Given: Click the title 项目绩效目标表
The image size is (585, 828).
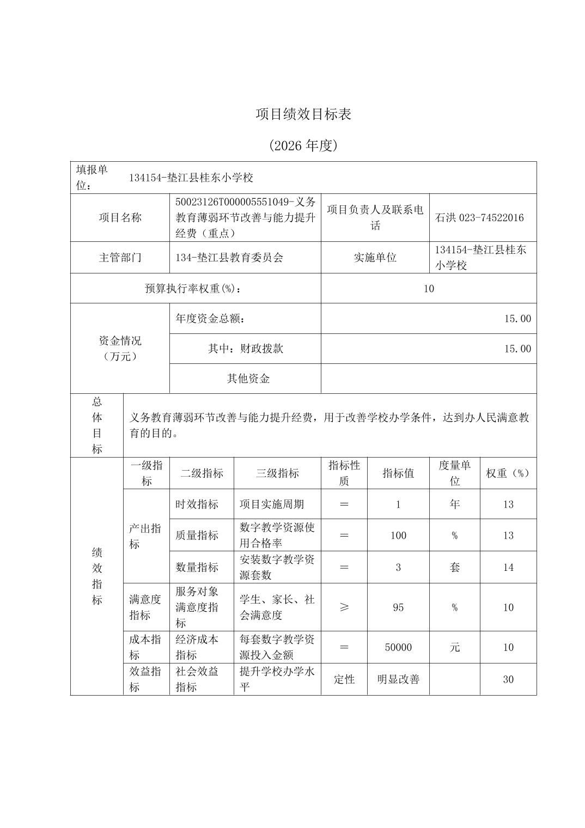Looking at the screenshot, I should [304, 114].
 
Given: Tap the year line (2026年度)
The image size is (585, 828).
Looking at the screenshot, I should [304, 145].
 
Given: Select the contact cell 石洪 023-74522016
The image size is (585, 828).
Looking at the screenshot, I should [479, 218].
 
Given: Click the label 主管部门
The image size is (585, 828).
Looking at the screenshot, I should [120, 258].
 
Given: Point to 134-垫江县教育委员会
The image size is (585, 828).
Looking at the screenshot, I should [229, 258].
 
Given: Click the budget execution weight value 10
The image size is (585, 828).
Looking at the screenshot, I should [429, 289].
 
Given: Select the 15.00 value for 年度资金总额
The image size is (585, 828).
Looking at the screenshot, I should [517, 319].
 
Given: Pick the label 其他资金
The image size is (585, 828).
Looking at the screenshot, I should [248, 379].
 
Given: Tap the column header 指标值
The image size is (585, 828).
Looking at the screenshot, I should [398, 473].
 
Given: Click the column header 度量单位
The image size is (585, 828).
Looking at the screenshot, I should [454, 473].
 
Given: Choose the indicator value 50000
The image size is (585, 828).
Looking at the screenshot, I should [398, 647].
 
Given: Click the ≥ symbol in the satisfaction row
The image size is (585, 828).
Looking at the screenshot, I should [344, 607].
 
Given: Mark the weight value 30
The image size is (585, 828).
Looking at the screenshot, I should [508, 679].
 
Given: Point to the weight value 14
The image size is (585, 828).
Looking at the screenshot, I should [508, 567].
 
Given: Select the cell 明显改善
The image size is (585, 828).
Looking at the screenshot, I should [398, 679].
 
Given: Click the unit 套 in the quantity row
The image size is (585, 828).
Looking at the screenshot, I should [454, 567].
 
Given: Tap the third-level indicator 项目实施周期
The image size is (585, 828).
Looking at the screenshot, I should [271, 504].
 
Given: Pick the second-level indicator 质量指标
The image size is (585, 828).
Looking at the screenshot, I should [197, 535].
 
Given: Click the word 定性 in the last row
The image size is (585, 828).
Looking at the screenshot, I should [344, 679].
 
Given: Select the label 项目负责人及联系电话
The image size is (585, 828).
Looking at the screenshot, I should [375, 218].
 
